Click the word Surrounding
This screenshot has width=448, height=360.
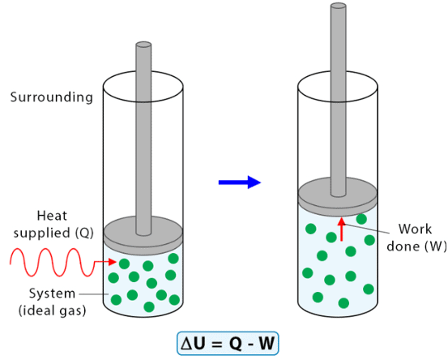(52, 97)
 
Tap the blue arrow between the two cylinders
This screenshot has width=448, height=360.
(240, 182)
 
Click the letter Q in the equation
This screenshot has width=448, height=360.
(236, 343)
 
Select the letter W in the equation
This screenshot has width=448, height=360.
(267, 343)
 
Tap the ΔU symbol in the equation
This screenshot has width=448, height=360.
(193, 343)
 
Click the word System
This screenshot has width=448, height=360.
(53, 294)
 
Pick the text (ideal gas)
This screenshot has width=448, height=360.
(53, 311)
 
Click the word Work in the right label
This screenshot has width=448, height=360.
(415, 229)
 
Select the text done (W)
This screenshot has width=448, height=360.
(416, 246)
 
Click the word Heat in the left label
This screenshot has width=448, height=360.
(52, 216)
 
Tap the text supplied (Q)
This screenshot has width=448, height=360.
(53, 233)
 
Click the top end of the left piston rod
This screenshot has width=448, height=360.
(143, 45)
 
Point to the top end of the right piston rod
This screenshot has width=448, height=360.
(339, 6)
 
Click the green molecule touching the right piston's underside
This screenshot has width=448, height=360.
(361, 219)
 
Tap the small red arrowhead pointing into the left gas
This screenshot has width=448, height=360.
(112, 262)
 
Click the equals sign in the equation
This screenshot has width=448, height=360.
(217, 344)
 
